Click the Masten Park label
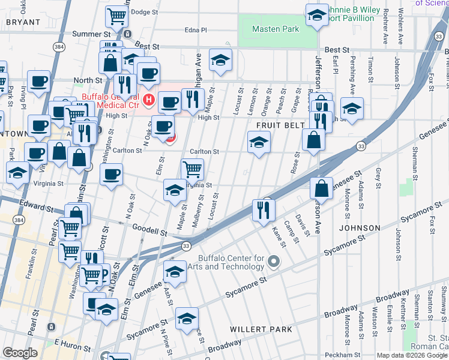coord(276,29)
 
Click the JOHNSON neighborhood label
coord(360,228)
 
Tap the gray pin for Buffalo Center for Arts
coord(274,261)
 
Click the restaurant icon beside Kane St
coord(264,210)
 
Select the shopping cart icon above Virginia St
coord(192,170)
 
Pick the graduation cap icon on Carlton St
coord(259,143)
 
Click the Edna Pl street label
coord(196,29)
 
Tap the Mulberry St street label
coord(199,212)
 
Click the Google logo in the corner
coord(20,353)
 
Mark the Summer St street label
coord(89,34)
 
